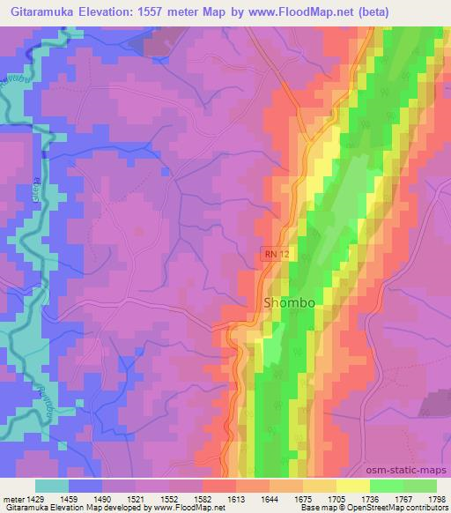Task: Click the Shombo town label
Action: [290, 302]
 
